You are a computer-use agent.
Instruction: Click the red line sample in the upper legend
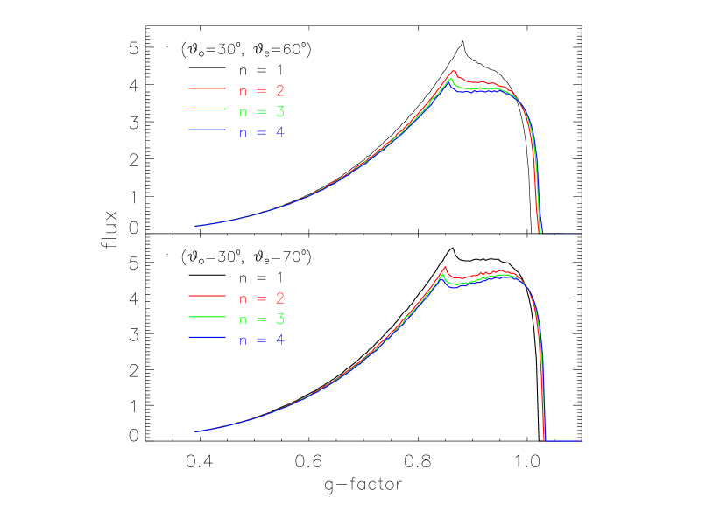point(207,88)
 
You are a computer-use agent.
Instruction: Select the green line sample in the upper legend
point(207,109)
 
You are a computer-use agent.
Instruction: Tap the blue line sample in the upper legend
point(207,130)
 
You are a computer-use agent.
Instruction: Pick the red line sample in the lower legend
point(207,297)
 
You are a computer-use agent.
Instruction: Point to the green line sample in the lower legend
point(207,318)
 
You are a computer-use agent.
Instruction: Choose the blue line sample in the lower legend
point(207,338)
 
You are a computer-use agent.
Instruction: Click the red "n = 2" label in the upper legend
point(262,90)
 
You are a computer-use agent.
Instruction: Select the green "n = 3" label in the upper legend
point(262,111)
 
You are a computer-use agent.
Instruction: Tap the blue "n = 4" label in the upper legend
point(262,132)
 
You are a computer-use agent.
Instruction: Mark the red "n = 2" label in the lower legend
point(262,298)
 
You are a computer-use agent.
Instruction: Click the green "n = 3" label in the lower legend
point(262,319)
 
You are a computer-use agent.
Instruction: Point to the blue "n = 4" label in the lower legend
point(262,340)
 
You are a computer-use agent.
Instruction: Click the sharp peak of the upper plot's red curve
point(455,71)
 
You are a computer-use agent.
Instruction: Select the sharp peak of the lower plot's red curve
point(445,267)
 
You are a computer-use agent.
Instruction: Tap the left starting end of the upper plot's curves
point(194,226)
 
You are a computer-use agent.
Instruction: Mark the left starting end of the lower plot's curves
point(194,431)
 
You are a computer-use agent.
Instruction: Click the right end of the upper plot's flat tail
point(581,234)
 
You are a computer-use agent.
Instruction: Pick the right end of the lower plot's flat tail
point(582,441)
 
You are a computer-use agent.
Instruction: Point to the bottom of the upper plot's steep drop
point(540,234)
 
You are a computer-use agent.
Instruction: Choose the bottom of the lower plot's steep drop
point(546,441)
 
